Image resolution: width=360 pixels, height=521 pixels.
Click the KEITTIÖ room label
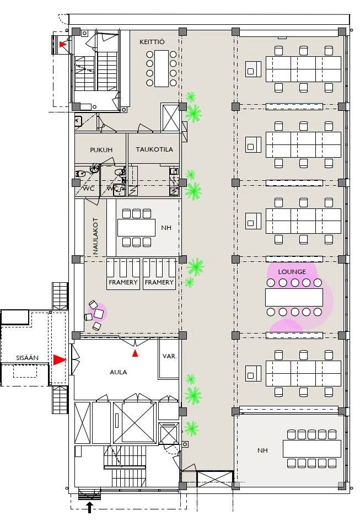point(152,42)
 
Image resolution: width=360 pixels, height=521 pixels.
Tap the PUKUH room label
point(101,150)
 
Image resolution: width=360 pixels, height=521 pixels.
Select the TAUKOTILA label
point(154,149)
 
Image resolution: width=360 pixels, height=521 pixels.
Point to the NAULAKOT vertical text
point(96,236)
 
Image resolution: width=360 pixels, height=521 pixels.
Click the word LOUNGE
point(292,272)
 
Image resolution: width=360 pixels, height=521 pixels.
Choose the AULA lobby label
point(119,372)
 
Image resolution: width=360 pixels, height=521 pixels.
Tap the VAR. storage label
point(170,356)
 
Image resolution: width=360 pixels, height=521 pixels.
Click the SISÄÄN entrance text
point(27,358)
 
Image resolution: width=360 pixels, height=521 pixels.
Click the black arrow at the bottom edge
point(89,507)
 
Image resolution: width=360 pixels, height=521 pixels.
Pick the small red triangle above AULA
point(135,353)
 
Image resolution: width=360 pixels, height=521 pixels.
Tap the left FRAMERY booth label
point(123,282)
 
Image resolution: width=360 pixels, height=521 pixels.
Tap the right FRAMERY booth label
point(159,282)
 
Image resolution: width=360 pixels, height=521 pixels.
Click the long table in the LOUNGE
point(294,297)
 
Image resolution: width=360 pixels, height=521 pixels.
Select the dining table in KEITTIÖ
point(161,68)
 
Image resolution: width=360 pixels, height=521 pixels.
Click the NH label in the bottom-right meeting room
point(262,450)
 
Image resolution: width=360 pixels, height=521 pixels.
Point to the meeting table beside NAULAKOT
point(136,228)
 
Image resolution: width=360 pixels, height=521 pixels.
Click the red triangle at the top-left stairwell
point(62,44)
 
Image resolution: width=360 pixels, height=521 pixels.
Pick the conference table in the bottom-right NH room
point(312,449)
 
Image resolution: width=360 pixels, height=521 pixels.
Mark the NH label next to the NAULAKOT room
point(166,228)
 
